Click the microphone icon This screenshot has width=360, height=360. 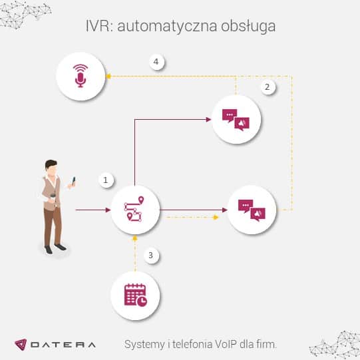(81, 76)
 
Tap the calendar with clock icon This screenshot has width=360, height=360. (136, 295)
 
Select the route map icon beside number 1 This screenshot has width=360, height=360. (134, 209)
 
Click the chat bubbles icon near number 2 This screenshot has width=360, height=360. (236, 120)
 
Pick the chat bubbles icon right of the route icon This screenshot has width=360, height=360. (252, 210)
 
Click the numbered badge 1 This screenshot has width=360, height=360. (106, 180)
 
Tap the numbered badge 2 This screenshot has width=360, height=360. (268, 87)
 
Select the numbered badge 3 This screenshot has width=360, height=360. (151, 256)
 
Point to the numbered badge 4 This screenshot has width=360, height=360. (156, 62)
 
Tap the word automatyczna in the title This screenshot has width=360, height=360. (167, 27)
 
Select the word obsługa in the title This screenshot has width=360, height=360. (248, 27)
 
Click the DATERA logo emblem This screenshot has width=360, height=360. (21, 345)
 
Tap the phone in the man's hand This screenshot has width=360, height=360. (73, 180)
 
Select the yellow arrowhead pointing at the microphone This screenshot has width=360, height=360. (108, 77)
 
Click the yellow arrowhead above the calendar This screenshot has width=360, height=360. (135, 238)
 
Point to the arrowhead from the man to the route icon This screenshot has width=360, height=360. (108, 210)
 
